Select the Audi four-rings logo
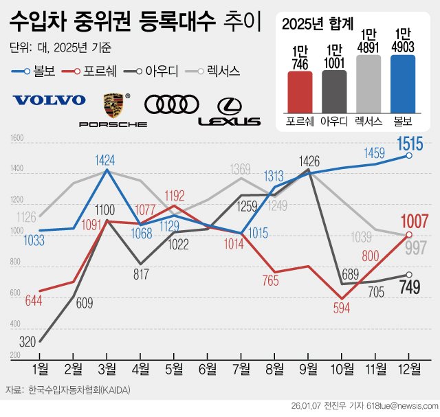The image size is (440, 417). click(x=171, y=104)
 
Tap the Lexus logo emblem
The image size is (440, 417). click(x=230, y=110)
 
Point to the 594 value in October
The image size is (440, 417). click(x=342, y=307)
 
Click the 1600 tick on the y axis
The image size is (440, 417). click(x=17, y=139)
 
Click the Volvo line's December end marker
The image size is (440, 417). click(x=409, y=156)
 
